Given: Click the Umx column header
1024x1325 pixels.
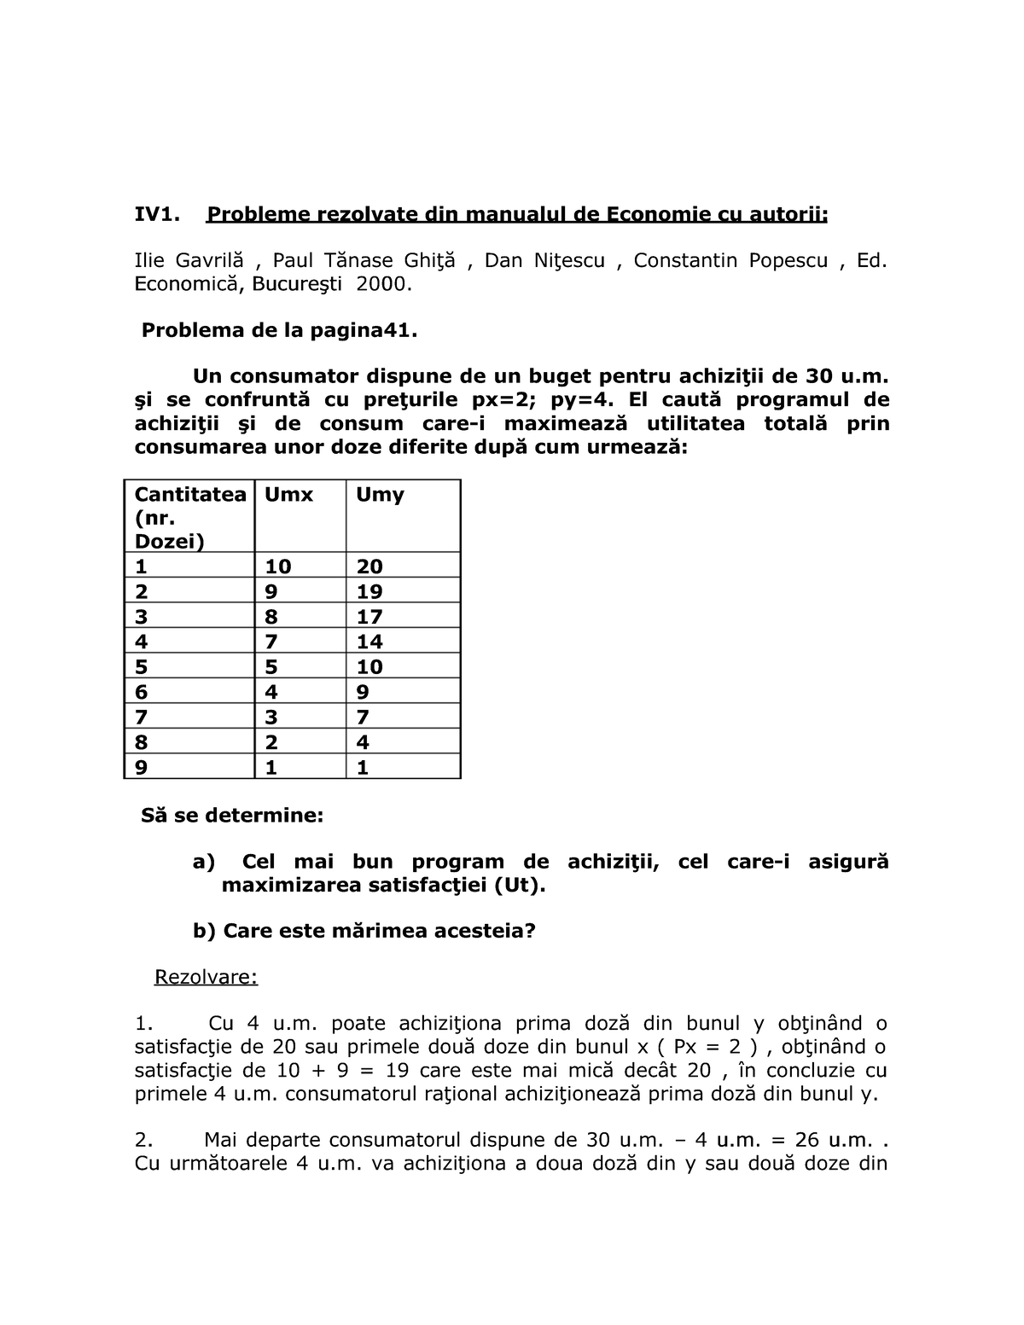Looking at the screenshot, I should click(x=288, y=495).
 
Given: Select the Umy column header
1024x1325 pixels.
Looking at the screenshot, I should click(x=380, y=495).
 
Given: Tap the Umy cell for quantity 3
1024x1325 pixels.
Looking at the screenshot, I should click(x=369, y=616).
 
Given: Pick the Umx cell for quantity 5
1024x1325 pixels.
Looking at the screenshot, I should click(x=271, y=666).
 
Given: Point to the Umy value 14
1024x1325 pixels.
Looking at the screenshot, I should click(x=369, y=642).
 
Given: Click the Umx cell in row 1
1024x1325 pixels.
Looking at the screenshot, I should click(x=278, y=567).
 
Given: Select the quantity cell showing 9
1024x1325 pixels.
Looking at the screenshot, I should click(x=142, y=767).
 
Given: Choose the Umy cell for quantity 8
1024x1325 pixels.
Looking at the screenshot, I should click(x=363, y=741).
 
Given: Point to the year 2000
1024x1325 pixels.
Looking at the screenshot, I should click(x=383, y=285).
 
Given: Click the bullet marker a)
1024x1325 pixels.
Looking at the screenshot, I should click(x=205, y=862).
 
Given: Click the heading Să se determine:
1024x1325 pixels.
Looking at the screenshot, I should click(x=232, y=815).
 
